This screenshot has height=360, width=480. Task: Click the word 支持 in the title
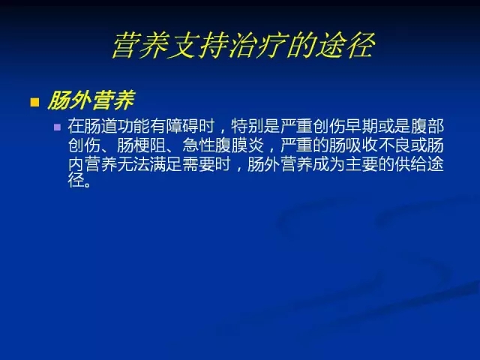[x=199, y=46]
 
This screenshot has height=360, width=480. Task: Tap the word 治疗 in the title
[x=258, y=46]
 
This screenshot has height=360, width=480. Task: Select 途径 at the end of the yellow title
[x=345, y=46]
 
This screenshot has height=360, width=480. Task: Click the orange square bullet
[x=34, y=102]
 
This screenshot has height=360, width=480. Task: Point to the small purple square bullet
[x=57, y=127]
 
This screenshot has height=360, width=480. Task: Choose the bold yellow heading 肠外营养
[x=91, y=100]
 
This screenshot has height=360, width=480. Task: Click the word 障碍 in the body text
[x=182, y=126]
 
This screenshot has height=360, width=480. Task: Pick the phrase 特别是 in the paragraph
[x=256, y=126]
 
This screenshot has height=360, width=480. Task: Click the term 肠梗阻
[x=142, y=145]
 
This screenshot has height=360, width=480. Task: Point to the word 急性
[x=199, y=145]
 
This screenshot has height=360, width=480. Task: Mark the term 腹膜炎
[x=239, y=145]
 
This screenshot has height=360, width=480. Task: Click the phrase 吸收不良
[x=378, y=145]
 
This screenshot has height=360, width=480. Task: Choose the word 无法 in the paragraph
[x=133, y=164]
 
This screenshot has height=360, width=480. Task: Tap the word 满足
[x=166, y=164]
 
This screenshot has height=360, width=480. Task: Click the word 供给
[x=411, y=164]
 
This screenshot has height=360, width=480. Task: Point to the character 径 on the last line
[x=76, y=180]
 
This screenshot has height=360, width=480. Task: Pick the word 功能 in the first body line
[x=133, y=126]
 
